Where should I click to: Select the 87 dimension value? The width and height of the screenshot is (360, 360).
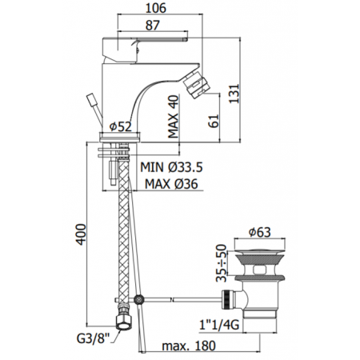click(153, 26)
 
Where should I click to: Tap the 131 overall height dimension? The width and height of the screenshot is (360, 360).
click(234, 94)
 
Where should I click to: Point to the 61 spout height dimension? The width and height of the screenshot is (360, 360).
click(214, 121)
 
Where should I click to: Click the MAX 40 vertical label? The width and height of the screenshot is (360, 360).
click(174, 117)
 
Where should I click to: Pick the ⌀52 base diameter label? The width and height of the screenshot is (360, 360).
click(121, 126)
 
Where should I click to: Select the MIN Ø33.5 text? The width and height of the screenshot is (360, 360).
click(172, 167)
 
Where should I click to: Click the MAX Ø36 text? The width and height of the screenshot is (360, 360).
click(171, 184)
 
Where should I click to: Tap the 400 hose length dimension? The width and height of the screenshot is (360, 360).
click(80, 234)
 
